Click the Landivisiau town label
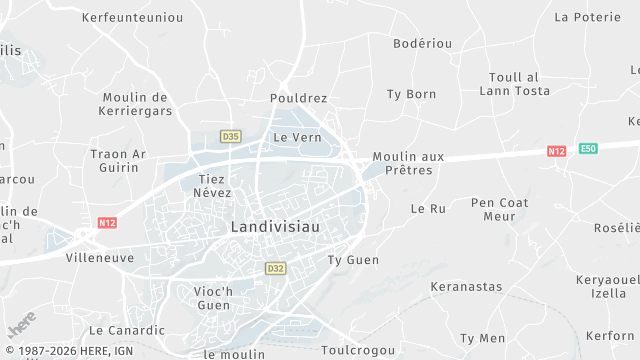275,227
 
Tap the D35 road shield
231,136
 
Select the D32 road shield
276,268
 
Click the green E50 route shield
589,149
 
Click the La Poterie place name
588,17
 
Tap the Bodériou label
423,44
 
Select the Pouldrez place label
299,98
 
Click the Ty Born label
412,94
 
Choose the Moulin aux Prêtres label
408,163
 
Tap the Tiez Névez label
211,185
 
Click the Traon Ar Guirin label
118,160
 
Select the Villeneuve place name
100,257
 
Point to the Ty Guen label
354,260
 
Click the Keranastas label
466,287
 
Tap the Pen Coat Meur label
499,209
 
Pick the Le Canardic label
127,330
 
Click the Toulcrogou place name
360,351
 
